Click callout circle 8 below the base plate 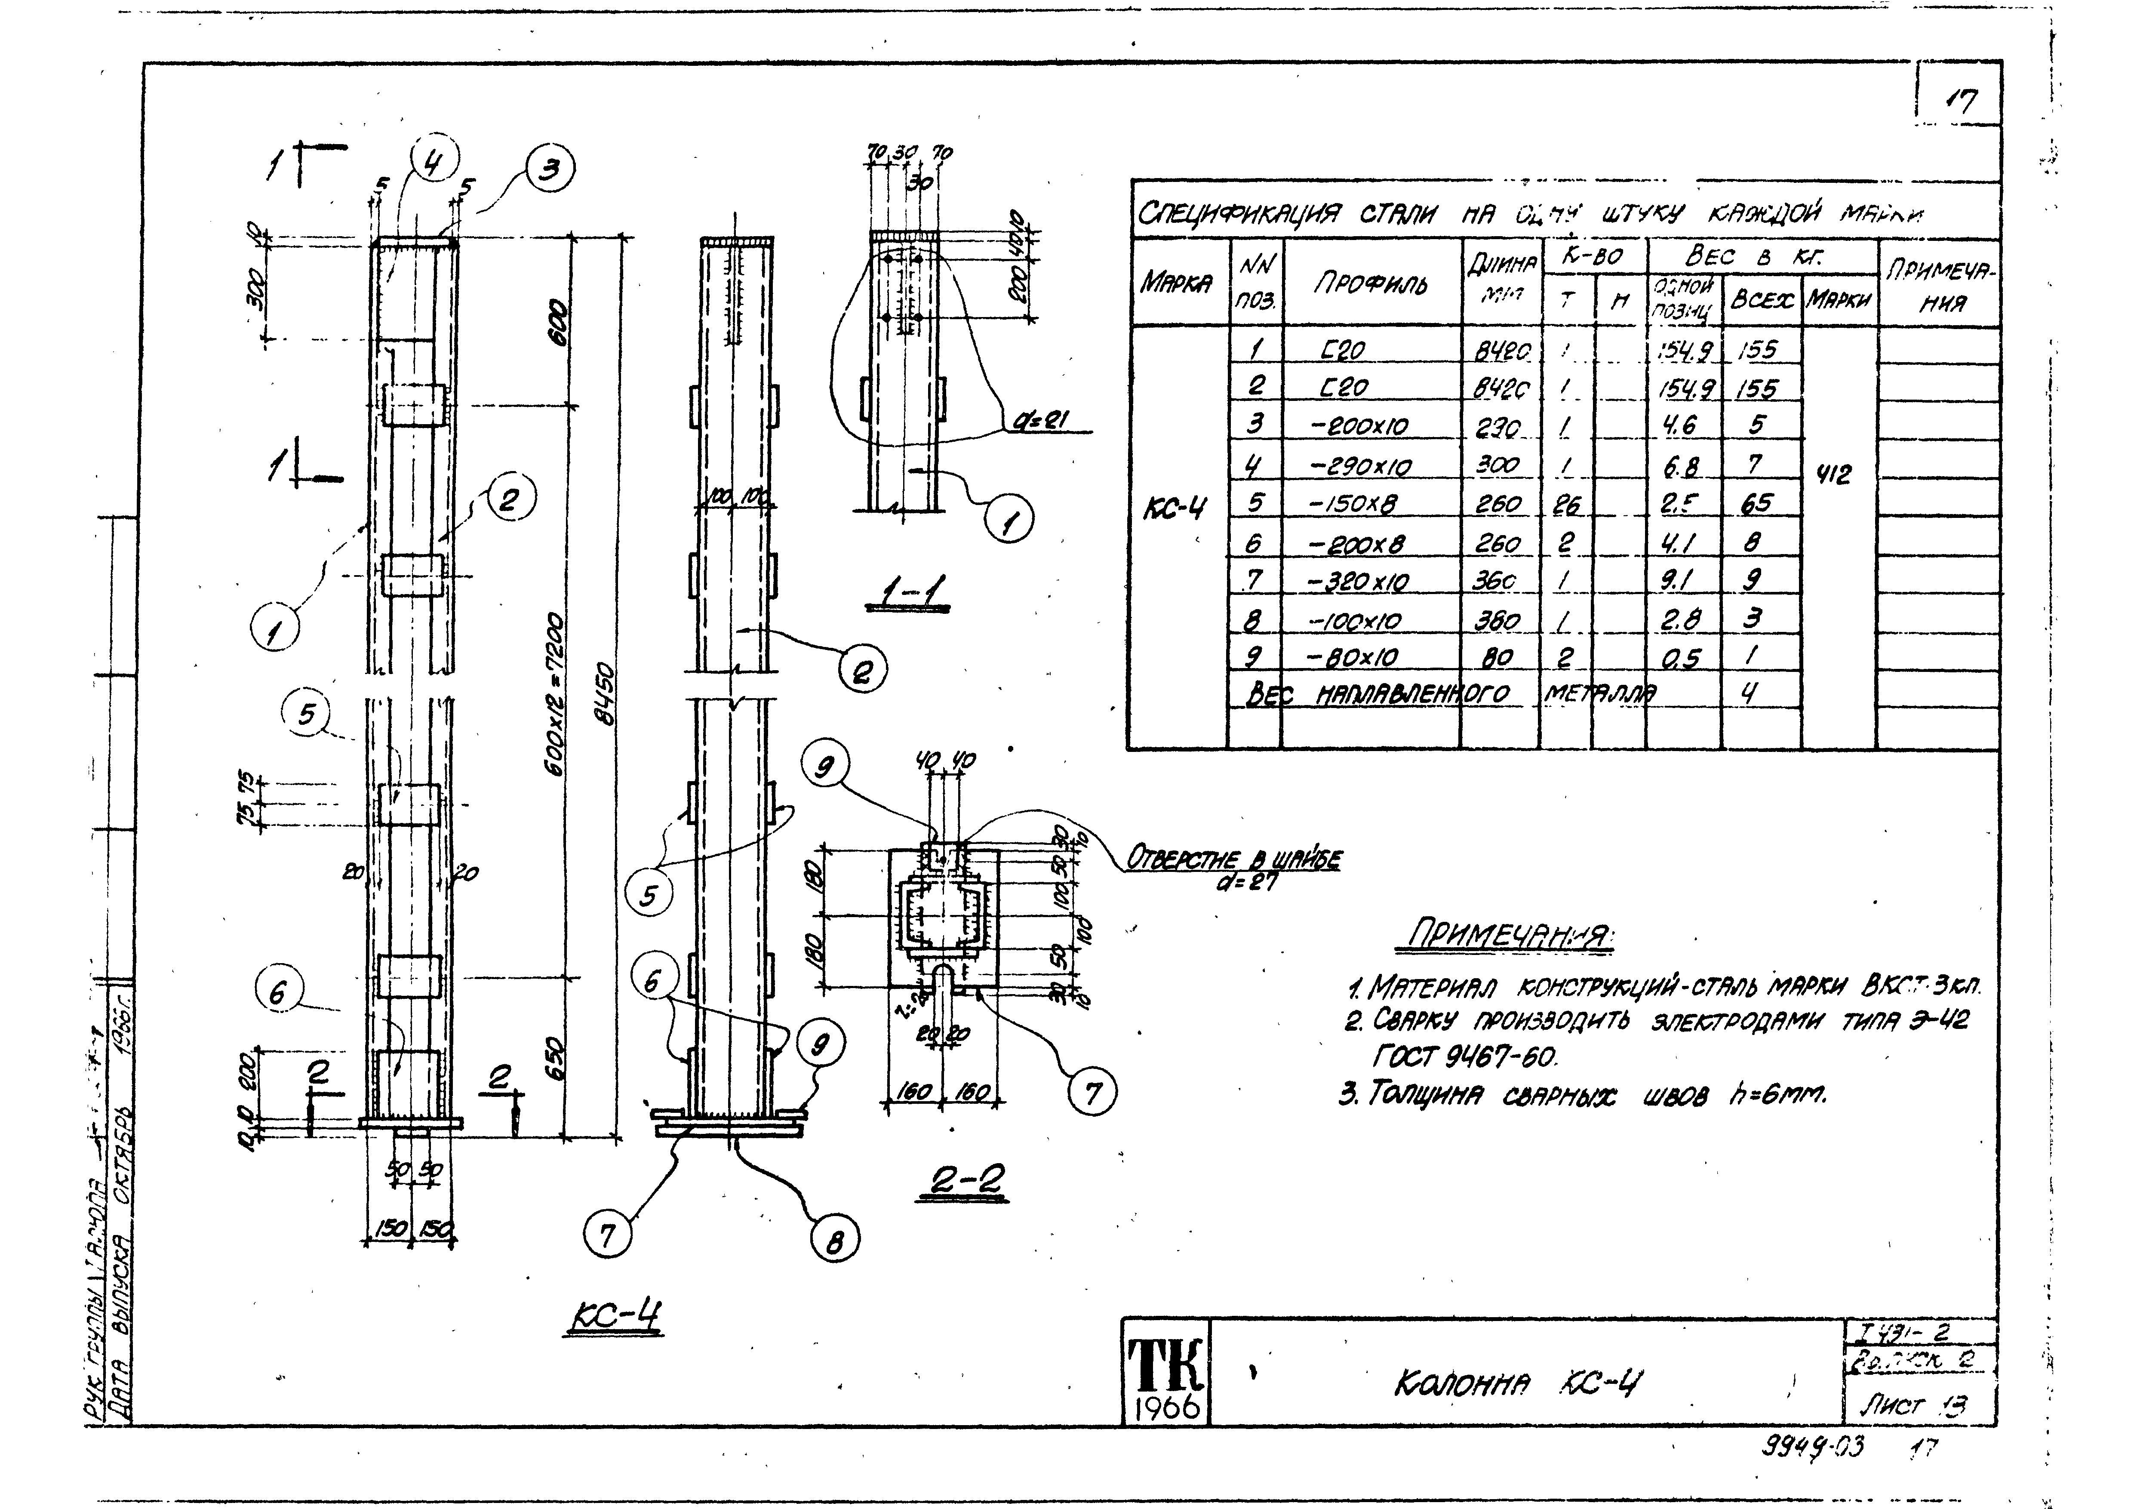835,1239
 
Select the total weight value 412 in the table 1832,475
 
